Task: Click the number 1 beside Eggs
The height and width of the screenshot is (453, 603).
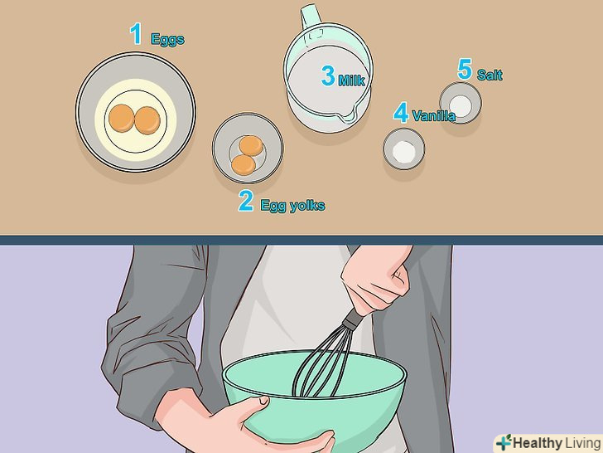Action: pos(136,33)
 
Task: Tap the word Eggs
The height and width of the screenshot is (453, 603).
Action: pos(167,39)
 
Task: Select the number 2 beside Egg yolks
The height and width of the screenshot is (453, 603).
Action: pos(246,201)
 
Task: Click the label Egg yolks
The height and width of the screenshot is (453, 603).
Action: pos(292,205)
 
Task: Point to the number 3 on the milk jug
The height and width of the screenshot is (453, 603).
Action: pos(328,75)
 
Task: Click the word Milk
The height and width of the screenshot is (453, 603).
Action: pos(351,80)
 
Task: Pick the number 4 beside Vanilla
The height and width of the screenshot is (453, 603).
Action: pos(401,113)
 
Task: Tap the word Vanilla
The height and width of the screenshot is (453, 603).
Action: pos(434,115)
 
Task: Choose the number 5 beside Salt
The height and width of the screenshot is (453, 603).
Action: pos(465,70)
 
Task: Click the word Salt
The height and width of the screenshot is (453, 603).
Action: pos(490,75)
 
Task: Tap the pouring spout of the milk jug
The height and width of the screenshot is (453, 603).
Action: pos(346,114)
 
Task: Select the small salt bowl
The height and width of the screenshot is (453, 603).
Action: pos(461,104)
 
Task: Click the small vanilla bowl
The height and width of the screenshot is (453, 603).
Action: pos(403,149)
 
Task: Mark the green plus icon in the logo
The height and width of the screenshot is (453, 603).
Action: pos(503,443)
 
